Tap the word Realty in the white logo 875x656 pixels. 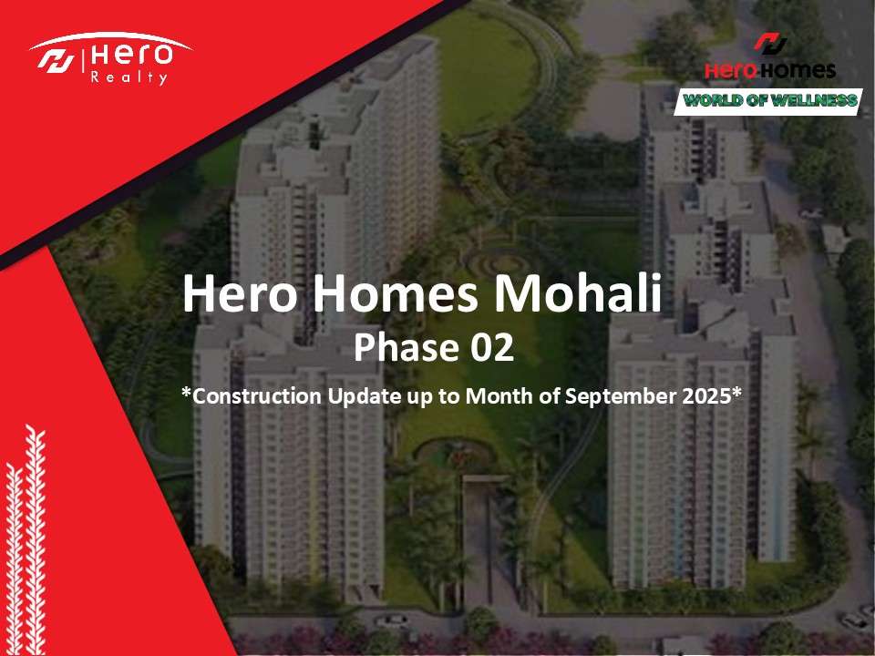click(x=129, y=77)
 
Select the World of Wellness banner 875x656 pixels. click(x=768, y=101)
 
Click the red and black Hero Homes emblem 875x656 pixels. click(x=770, y=43)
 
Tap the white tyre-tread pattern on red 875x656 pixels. click(x=26, y=540)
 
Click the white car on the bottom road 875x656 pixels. click(x=391, y=620)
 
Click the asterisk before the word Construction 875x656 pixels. click(x=186, y=392)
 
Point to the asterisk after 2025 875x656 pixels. click(x=736, y=392)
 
